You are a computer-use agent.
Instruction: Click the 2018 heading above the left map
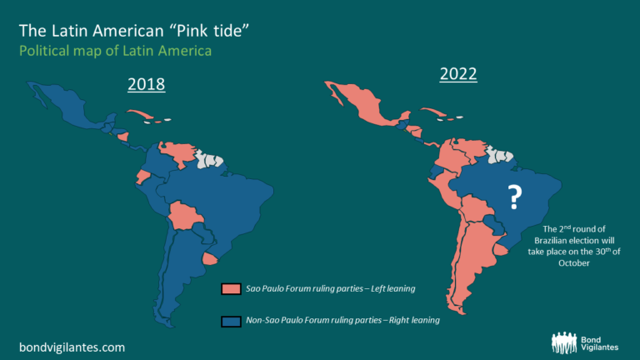146,84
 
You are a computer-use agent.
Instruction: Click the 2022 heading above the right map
458,73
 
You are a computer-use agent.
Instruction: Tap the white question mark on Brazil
515,197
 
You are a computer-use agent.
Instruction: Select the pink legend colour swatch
231,289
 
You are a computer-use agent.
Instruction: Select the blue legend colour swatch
231,320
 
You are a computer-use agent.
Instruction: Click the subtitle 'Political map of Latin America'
115,51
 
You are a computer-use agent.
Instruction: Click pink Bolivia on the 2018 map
185,217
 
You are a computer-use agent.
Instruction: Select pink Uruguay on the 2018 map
212,260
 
